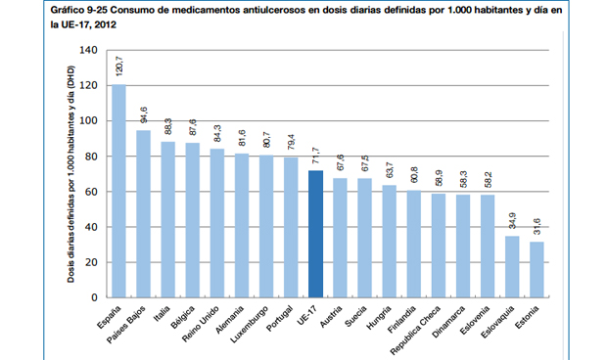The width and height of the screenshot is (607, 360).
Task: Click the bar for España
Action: (x=118, y=191)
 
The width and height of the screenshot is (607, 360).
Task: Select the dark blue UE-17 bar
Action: (x=315, y=234)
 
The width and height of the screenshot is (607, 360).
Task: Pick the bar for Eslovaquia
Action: (x=512, y=266)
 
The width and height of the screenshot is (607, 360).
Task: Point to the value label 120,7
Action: (x=119, y=67)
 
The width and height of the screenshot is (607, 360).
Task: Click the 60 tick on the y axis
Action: (x=89, y=192)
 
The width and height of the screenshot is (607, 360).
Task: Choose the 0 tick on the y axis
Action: (x=93, y=297)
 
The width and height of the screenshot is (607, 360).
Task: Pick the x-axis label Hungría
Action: (x=377, y=319)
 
